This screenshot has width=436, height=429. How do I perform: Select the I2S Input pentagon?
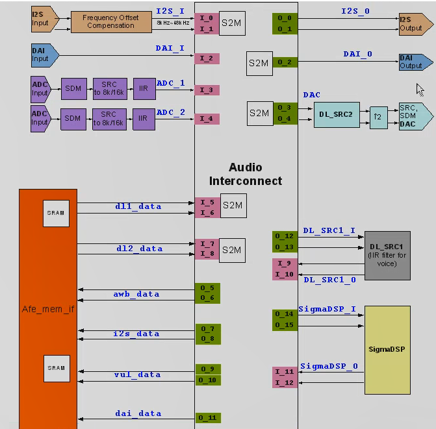[43, 19]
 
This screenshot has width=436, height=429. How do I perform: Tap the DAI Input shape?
[43, 54]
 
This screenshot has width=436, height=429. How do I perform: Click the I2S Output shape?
[414, 24]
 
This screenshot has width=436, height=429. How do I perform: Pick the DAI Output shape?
[414, 62]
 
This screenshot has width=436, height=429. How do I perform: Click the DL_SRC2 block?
[336, 114]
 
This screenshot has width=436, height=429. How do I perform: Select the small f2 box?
[378, 118]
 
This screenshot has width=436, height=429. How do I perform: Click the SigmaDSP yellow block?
[387, 350]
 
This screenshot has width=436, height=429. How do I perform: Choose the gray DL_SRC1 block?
[387, 255]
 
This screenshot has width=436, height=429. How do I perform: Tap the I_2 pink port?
[207, 58]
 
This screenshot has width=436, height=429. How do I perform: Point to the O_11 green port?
[207, 417]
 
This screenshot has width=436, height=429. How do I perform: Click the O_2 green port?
[285, 62]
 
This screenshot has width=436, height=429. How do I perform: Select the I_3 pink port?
[207, 90]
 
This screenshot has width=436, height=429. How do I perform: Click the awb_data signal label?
[137, 294]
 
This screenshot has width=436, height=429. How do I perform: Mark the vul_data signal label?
[137, 374]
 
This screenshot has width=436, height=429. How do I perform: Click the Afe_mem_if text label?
[48, 309]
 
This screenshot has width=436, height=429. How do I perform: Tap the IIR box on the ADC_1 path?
[144, 88]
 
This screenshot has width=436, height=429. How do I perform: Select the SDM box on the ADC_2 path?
[73, 118]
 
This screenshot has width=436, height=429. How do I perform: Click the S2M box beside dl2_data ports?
[232, 250]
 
